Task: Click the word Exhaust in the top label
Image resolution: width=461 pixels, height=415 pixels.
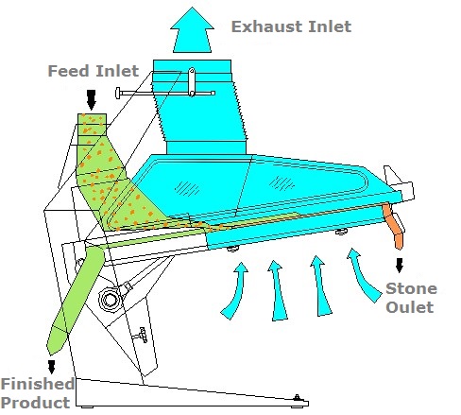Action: pos(267,26)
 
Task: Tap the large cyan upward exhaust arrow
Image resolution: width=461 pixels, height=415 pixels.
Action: pos(192,31)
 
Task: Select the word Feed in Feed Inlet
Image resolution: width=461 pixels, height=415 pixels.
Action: pos(68,71)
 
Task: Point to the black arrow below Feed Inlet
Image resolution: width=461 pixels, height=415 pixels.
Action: pos(92,100)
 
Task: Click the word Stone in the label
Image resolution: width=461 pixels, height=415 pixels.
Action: pos(411,288)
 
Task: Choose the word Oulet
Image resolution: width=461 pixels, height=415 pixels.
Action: pos(410,307)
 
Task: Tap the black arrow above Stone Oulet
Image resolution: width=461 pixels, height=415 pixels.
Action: pos(400,266)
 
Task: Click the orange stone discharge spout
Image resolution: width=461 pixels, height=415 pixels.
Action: pos(393,225)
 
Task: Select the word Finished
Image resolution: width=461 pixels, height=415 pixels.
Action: pos(38,384)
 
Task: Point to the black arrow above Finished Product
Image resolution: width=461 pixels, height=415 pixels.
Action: pos(51,367)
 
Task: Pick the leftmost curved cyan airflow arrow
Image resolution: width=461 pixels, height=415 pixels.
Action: pos(235,290)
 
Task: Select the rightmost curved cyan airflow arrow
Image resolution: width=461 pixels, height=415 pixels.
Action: pos(362,275)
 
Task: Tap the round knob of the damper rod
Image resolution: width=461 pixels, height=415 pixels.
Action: pos(118,93)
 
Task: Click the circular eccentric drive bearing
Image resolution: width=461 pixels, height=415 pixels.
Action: pos(109,300)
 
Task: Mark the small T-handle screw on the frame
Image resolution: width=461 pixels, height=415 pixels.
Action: pos(141,336)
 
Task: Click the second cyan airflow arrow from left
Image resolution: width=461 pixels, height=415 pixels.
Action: pos(277,290)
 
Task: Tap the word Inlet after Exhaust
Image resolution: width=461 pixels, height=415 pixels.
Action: pos(330,26)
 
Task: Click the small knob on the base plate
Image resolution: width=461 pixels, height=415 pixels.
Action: pos(297,398)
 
